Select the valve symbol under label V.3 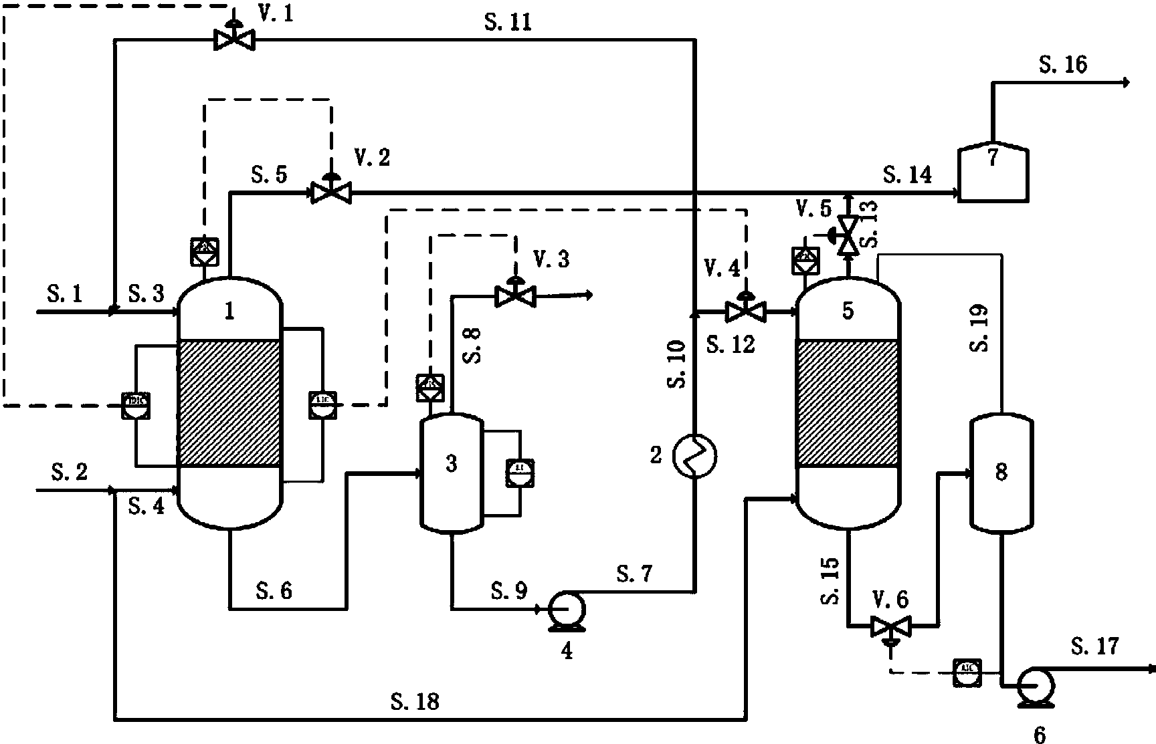click(x=514, y=295)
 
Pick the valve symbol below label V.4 click(x=746, y=312)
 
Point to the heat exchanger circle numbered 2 click(x=696, y=456)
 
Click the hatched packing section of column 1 click(x=229, y=402)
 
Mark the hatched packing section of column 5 click(x=847, y=402)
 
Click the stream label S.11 click(x=508, y=22)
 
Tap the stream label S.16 click(x=1062, y=65)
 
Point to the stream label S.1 click(x=65, y=293)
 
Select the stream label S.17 click(x=1094, y=646)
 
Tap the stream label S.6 click(x=274, y=590)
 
